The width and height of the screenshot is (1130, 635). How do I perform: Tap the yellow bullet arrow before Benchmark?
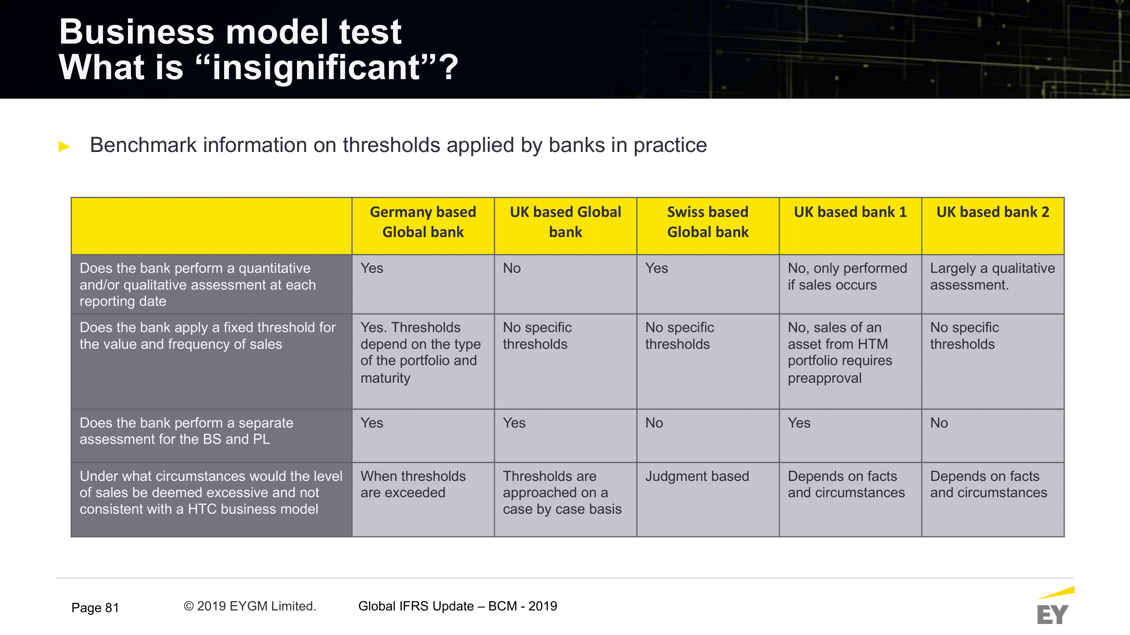[64, 146]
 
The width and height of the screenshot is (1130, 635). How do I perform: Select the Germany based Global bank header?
[423, 222]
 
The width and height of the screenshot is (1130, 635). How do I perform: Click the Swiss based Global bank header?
[708, 222]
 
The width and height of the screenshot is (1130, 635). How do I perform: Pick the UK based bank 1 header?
[850, 212]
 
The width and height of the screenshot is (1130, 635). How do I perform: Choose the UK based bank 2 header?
[993, 212]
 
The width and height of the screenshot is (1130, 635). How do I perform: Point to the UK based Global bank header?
[566, 222]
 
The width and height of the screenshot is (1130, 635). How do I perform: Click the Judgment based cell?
[697, 476]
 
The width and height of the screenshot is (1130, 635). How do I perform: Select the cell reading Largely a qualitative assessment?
[992, 276]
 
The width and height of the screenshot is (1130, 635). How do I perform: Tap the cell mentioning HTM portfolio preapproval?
[840, 352]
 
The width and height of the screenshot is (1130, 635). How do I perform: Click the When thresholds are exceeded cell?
[413, 484]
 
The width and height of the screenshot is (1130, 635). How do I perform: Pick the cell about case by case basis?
[562, 493]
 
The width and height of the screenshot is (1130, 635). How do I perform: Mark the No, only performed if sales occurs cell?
[847, 276]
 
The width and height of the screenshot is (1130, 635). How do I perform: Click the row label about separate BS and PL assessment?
[186, 431]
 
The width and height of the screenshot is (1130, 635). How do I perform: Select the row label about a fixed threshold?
[208, 336]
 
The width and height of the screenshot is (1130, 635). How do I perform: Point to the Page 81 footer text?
[95, 607]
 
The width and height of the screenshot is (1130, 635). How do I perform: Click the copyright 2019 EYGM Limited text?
[250, 606]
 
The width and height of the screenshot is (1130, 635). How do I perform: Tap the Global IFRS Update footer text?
[458, 606]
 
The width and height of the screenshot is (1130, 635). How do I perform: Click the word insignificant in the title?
[316, 67]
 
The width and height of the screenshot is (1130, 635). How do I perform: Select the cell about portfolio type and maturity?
[420, 352]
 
